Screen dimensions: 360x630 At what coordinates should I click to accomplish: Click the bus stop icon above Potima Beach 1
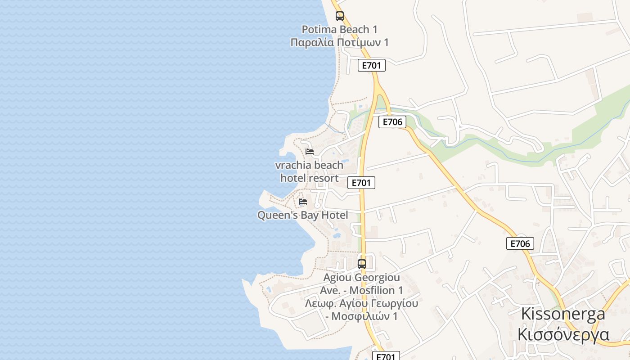click(340, 16)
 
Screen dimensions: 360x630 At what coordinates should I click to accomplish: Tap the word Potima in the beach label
click(319, 30)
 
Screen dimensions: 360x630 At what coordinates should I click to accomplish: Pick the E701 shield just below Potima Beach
click(372, 65)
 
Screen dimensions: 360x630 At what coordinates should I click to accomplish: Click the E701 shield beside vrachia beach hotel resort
click(361, 183)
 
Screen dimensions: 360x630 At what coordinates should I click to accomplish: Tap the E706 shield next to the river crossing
click(392, 122)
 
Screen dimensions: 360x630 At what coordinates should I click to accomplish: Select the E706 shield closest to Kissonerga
click(520, 244)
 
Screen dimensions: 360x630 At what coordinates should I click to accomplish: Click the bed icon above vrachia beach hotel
click(310, 151)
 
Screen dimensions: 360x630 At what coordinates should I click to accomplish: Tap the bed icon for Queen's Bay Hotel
click(303, 201)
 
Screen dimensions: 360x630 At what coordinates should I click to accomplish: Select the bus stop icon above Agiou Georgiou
click(362, 264)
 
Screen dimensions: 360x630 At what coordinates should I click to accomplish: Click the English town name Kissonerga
click(563, 314)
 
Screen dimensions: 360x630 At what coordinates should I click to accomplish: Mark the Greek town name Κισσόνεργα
click(563, 335)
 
